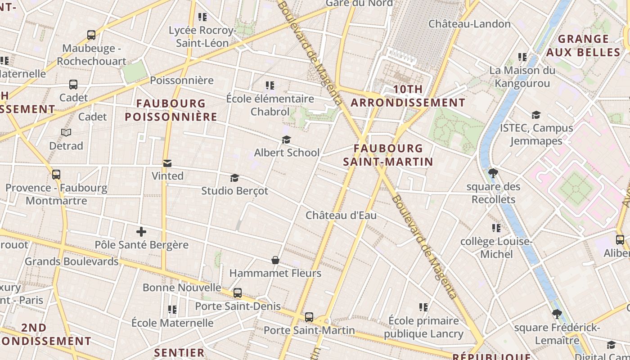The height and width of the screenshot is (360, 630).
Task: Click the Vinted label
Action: (x=167, y=176)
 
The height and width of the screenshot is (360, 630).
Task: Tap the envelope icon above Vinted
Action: (x=167, y=163)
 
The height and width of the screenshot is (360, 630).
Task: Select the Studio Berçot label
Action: (x=234, y=191)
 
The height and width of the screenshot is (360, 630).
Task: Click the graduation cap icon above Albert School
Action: (x=286, y=140)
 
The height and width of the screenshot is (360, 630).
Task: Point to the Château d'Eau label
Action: (x=341, y=216)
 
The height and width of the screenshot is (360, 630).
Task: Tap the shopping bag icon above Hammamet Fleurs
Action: (x=275, y=260)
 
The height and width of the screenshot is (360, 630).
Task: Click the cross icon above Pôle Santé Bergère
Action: (x=141, y=232)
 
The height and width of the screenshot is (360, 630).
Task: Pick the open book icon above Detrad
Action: (x=66, y=133)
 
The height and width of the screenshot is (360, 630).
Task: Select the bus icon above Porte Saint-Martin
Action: (x=309, y=317)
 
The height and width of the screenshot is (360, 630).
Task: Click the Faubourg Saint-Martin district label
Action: (x=388, y=155)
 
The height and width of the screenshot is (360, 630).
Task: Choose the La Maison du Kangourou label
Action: (x=522, y=77)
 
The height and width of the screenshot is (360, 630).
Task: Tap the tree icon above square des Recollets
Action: (x=493, y=173)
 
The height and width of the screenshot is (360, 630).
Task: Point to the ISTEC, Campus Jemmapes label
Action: (x=536, y=134)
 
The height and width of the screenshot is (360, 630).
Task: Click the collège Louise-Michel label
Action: (x=496, y=248)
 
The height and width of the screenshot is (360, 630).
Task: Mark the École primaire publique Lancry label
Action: (x=423, y=327)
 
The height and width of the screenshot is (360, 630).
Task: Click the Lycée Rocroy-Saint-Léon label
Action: (x=202, y=37)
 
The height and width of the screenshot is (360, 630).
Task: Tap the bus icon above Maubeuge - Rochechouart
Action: (x=91, y=35)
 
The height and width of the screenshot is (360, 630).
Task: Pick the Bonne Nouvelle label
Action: (x=182, y=288)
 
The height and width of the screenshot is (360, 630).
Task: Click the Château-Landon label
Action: (x=469, y=24)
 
